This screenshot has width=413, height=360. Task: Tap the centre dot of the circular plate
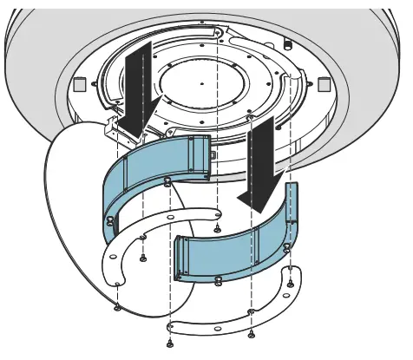pos(200,83)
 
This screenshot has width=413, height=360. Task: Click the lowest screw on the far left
pos(116,308)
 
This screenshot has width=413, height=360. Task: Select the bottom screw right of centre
pos(252,334)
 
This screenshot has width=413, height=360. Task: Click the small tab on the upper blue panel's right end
pos(213,154)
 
